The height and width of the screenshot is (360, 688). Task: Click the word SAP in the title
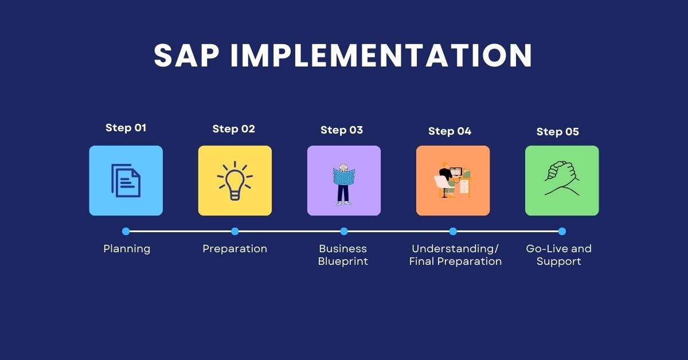[187, 56]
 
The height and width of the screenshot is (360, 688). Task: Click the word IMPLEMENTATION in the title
[382, 56]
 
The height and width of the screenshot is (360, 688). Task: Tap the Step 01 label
[126, 128]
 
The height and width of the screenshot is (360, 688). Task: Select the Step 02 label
[234, 129]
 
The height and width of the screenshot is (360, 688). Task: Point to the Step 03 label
[342, 130]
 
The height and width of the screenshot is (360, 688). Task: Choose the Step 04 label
[449, 131]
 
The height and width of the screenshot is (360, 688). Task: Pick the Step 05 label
[557, 132]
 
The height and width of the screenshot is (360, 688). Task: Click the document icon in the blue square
[126, 181]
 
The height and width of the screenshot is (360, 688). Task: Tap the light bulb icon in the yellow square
[234, 181]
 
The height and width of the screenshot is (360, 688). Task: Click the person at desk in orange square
[452, 181]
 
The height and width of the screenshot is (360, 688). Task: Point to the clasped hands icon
[562, 179]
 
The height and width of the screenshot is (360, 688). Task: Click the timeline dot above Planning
[126, 232]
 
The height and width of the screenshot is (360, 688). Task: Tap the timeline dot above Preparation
[235, 232]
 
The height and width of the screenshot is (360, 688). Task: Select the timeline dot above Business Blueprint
[344, 232]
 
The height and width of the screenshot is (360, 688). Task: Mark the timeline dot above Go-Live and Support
[562, 232]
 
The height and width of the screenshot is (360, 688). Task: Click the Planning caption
[127, 249]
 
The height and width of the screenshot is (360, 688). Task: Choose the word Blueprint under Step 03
[343, 261]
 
